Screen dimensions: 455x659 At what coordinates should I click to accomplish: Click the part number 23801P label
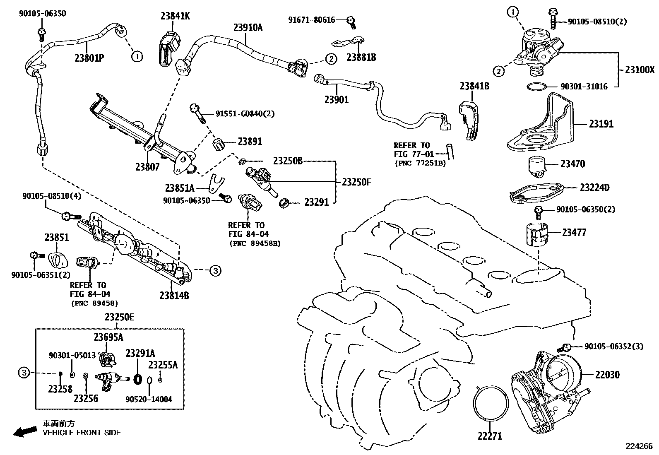89,58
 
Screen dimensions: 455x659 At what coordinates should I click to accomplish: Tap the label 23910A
248,27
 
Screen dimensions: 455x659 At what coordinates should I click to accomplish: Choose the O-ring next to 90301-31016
536,87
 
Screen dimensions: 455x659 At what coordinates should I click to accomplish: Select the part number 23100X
640,70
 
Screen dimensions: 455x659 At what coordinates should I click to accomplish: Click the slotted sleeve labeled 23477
536,234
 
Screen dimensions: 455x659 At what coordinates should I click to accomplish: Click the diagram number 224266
639,446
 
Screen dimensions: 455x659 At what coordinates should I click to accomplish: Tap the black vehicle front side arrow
24,432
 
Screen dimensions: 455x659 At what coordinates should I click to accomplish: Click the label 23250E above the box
119,318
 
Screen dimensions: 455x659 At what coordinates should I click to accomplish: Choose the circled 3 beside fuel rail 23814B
215,271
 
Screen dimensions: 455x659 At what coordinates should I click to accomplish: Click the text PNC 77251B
420,163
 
